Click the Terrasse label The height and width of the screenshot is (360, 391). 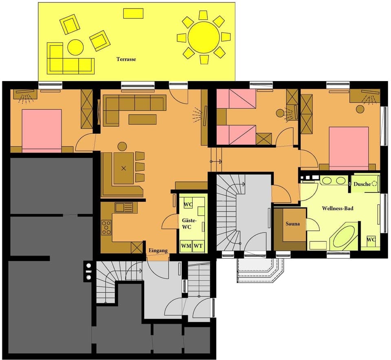tap(126, 59)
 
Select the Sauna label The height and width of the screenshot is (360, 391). tap(292, 224)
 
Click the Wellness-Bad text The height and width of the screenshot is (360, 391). tap(337, 208)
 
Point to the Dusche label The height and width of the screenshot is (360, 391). tap(362, 184)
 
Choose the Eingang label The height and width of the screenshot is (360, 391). tap(158, 250)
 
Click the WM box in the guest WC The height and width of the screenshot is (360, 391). tap(186, 246)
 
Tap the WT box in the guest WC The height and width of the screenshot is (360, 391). tap(198, 246)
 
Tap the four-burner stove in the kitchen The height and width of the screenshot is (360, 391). tap(106, 227)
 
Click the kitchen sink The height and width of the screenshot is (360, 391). tap(123, 208)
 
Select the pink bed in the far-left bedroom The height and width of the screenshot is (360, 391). tap(42, 130)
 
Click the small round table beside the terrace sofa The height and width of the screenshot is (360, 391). tap(75, 47)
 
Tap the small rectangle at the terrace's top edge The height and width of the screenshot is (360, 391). tap(133, 13)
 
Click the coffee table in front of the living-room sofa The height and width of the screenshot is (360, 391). tap(143, 119)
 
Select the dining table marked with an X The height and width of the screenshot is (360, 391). tap(124, 168)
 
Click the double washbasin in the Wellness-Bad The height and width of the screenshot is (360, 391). tap(334, 181)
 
